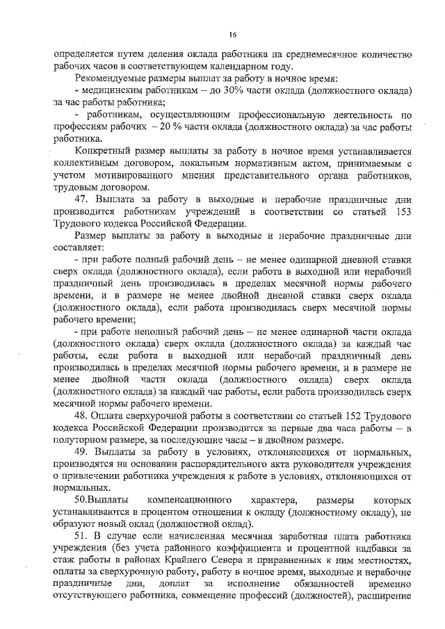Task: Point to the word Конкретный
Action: tap(104, 151)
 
